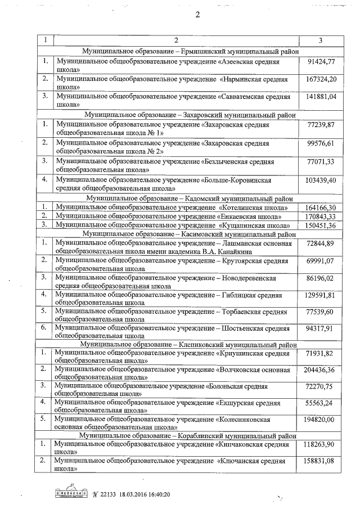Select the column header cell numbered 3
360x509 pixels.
click(320, 40)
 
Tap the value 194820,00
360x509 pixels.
click(318, 420)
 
